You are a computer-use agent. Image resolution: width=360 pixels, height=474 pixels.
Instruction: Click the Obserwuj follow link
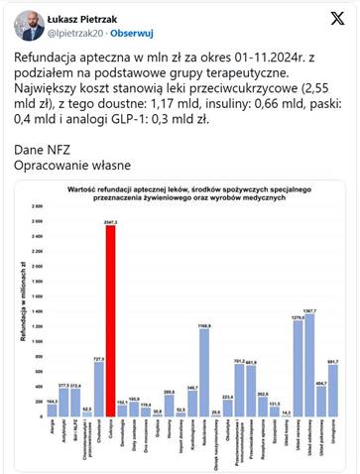coord(128,33)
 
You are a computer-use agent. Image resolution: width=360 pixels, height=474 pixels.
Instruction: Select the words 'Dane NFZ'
coord(50,145)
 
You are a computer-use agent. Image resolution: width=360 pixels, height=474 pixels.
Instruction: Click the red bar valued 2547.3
coord(110,317)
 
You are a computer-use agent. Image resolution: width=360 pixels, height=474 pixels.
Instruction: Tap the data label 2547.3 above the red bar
coord(110,221)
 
